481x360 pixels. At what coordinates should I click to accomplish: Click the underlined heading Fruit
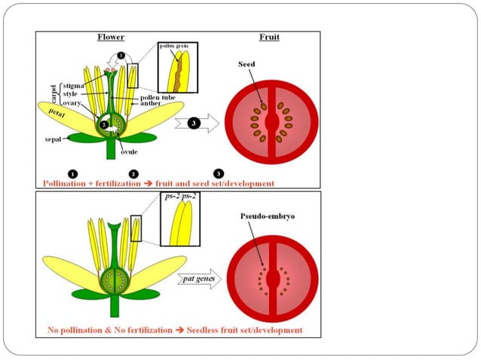click(269, 36)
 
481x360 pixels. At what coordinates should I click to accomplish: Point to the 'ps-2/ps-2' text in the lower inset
click(179, 199)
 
